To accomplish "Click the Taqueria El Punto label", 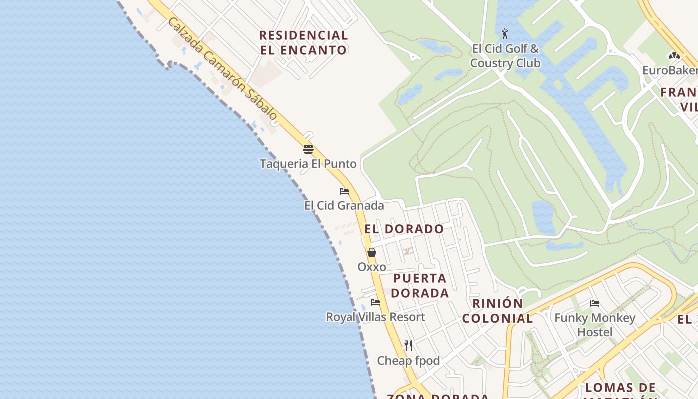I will (308, 164).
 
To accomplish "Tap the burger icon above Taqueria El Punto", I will (308, 149).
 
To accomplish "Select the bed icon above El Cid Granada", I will (344, 191).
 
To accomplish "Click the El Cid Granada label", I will (344, 205).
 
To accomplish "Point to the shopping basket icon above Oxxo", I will (372, 252).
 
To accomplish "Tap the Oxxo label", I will (372, 267).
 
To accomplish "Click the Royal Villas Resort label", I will (375, 317).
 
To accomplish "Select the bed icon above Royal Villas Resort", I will (375, 302).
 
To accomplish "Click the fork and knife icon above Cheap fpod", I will (408, 345).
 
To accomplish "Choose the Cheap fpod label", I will (408, 360).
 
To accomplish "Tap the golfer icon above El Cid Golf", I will (505, 34).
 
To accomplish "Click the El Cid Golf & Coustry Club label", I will (505, 56).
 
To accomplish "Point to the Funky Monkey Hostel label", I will (595, 325).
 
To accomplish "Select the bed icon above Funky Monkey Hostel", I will (594, 303).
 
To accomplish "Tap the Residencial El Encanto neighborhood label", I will (303, 43).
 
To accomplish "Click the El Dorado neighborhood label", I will (404, 229).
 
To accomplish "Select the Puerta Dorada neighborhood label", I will (420, 286).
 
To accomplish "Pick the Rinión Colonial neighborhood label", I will (497, 311).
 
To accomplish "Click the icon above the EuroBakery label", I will (674, 56).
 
